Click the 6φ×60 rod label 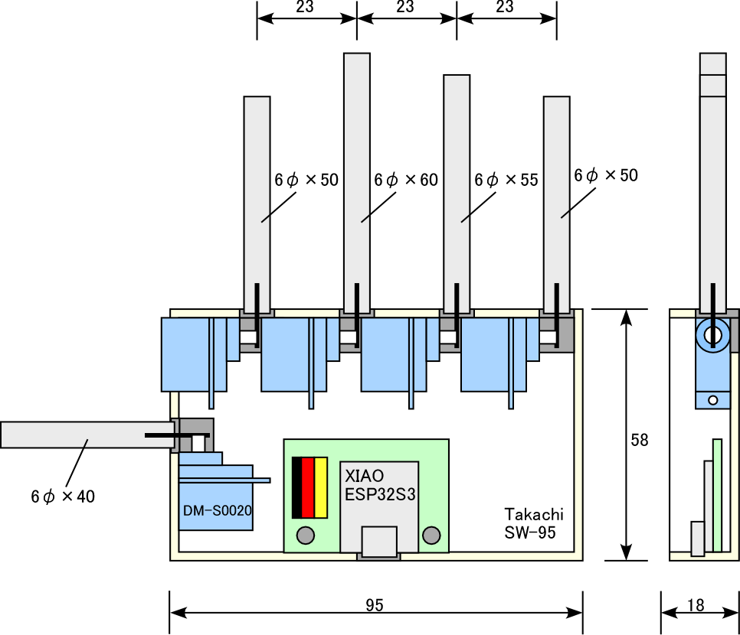point(405,180)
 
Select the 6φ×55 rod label point(506,180)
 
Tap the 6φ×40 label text point(63,497)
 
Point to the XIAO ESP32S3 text point(380,484)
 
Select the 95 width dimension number point(374,605)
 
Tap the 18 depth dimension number point(696,605)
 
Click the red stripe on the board point(308,487)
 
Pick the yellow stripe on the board point(321,487)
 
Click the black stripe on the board point(296,487)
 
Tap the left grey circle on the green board point(306,535)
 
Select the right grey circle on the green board point(432,535)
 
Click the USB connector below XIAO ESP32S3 point(379,541)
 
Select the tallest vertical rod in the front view point(356,168)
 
